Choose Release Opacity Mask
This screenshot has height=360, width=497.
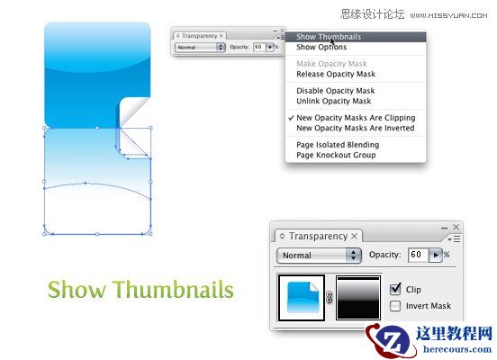tap(336, 74)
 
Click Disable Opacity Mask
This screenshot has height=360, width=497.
tap(335, 91)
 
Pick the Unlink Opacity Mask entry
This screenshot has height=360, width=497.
tap(332, 100)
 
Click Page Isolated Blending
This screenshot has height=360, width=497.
tap(338, 145)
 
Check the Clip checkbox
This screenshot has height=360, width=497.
tap(396, 290)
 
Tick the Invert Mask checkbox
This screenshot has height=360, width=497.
tap(396, 306)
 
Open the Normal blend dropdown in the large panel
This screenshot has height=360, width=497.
tap(320, 256)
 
